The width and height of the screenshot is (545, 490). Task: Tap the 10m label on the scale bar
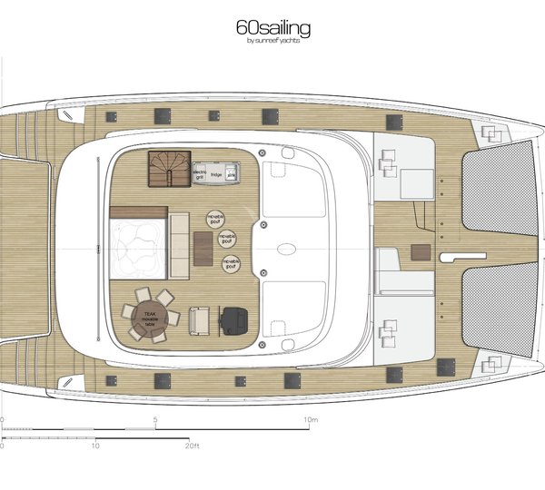[x=311, y=420]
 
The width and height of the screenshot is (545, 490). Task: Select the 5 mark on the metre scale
[x=155, y=420]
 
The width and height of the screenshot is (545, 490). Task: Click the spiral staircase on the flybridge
[x=170, y=169]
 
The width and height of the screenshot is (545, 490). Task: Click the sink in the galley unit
[x=231, y=171]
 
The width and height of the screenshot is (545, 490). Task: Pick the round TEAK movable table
[x=149, y=314]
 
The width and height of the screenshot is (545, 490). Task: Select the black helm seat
[x=235, y=318]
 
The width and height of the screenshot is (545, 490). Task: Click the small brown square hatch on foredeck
[x=420, y=250]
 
